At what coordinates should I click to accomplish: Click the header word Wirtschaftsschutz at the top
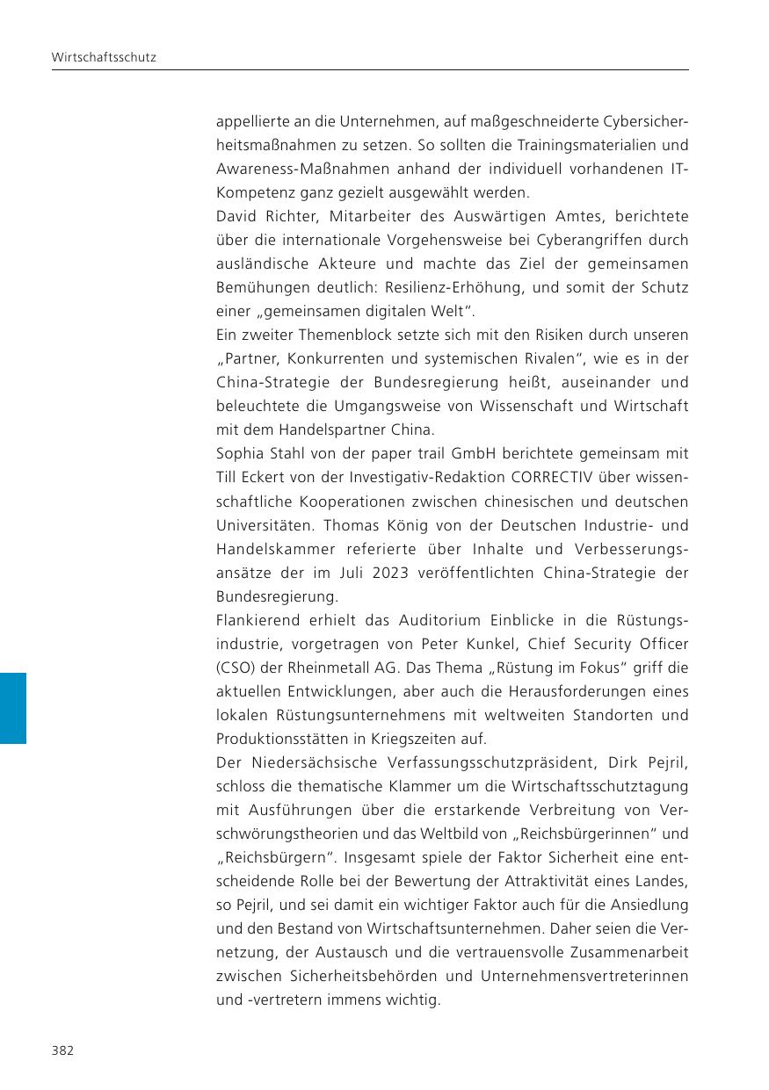[91, 57]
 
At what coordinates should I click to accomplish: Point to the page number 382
[62, 1050]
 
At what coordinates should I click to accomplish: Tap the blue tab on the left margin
[13, 708]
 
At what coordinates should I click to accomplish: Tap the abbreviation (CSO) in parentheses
[235, 668]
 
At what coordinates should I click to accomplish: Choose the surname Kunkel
[483, 645]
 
